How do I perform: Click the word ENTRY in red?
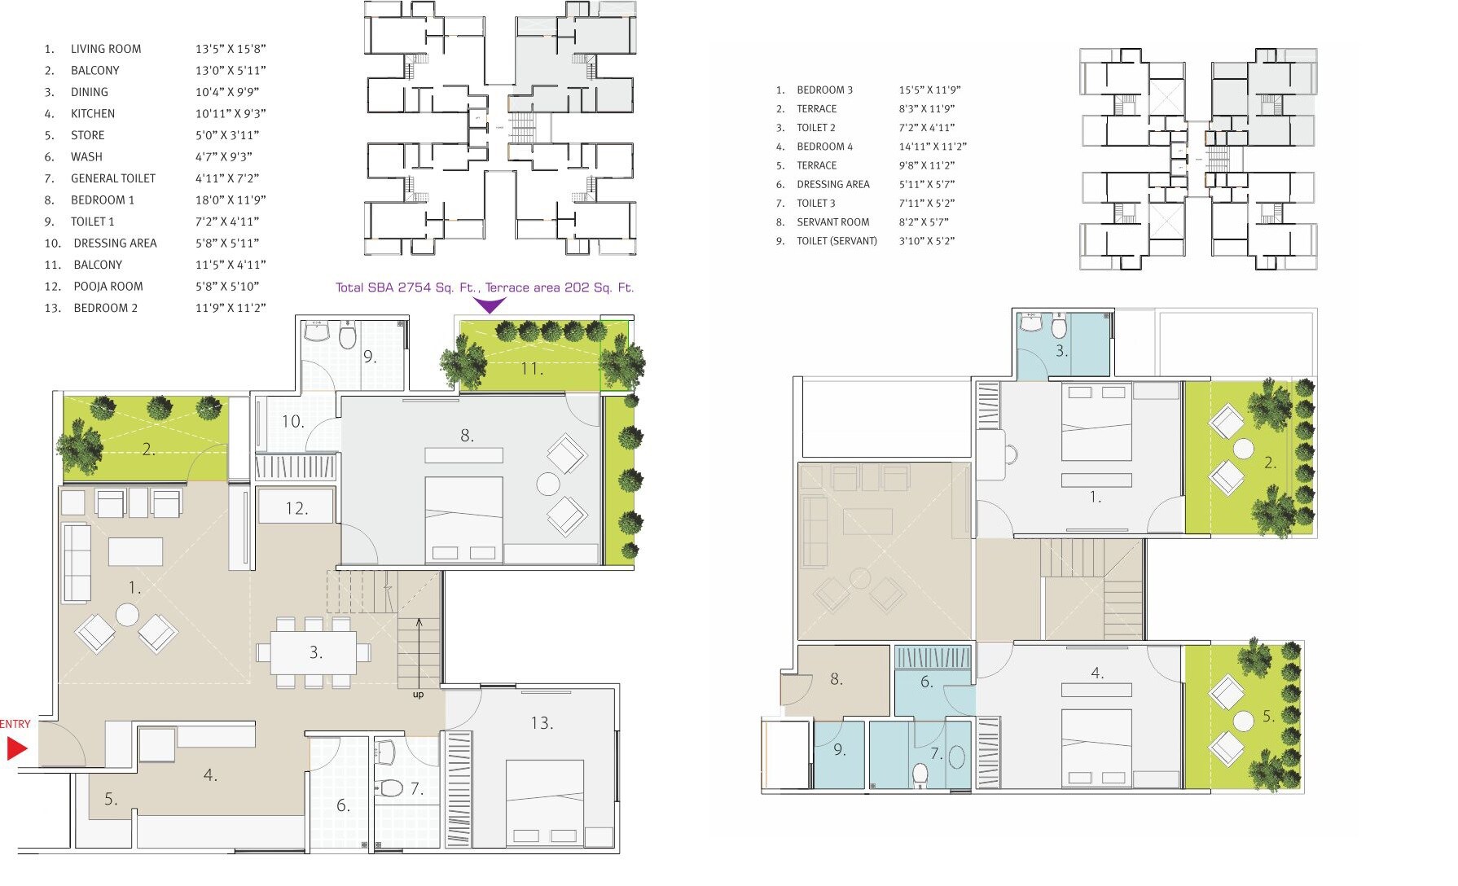coord(15,724)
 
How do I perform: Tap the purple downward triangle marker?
coord(490,305)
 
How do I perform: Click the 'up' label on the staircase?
coord(418,695)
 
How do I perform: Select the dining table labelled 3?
coord(314,652)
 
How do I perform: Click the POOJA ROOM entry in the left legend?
coord(108,287)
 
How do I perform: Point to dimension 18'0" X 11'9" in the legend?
coord(231,200)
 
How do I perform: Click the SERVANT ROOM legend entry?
coord(832,222)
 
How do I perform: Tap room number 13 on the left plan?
coord(542,723)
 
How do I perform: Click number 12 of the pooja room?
coord(296,509)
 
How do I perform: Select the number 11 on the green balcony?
coord(532,369)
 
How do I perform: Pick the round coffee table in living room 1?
coord(127,615)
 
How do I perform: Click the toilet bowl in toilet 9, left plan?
coord(348,336)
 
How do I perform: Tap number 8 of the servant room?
coord(837,679)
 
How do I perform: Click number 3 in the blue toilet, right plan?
coord(1061,351)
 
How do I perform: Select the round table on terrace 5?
coord(1243,721)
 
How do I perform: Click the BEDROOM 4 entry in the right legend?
coord(824,147)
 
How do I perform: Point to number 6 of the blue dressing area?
coord(927,682)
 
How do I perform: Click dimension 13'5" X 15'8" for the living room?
coord(231,49)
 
